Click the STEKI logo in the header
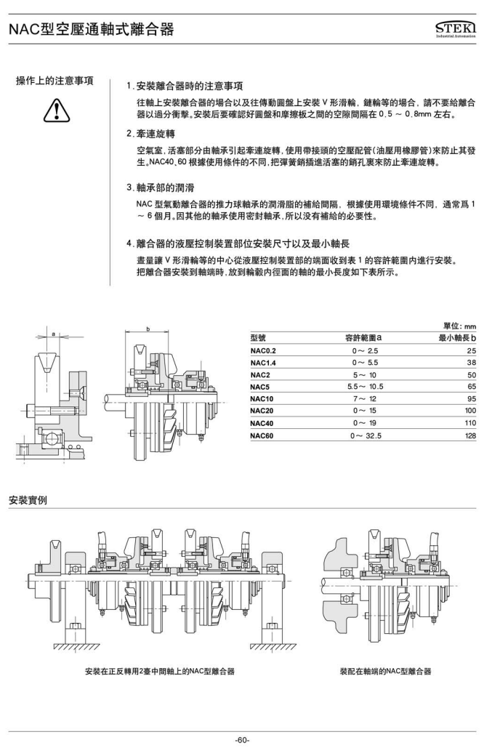pyautogui.click(x=455, y=28)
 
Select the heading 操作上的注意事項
pyautogui.click(x=55, y=80)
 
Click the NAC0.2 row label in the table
pyautogui.click(x=263, y=350)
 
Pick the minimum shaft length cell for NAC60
pyautogui.click(x=471, y=435)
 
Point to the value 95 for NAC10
pyautogui.click(x=471, y=399)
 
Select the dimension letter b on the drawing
pyautogui.click(x=148, y=329)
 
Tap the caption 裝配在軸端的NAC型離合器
pyautogui.click(x=385, y=670)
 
